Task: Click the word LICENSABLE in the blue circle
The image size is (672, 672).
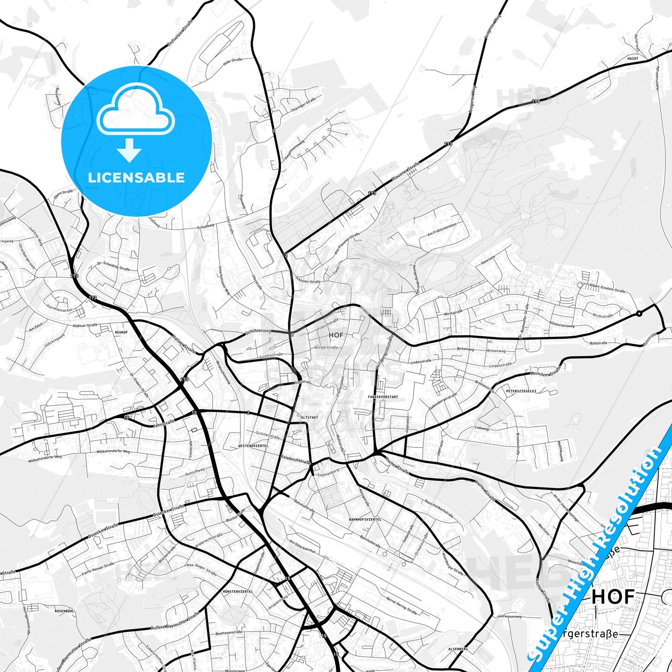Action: [136, 178]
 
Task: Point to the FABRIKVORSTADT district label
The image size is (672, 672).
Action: [382, 397]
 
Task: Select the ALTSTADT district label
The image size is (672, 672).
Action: [309, 417]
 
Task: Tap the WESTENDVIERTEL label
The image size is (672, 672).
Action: [253, 446]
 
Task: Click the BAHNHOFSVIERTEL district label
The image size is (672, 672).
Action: [365, 519]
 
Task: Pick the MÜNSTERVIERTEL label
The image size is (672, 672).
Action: [238, 592]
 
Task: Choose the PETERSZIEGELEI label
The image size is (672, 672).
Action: [521, 391]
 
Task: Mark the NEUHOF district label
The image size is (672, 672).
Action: [120, 332]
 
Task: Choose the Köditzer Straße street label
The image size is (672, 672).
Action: [85, 326]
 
